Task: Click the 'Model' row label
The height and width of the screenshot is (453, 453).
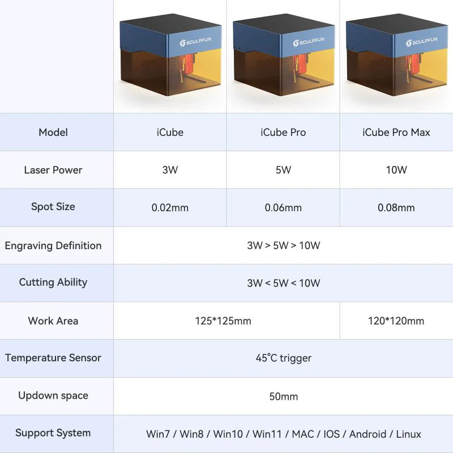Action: tap(53, 133)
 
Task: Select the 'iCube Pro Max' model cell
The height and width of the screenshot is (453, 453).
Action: tap(396, 133)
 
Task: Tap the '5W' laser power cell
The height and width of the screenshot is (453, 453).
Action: tap(283, 170)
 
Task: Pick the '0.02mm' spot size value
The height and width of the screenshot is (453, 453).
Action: tap(170, 208)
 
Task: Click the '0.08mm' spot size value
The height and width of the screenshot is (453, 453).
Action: tap(396, 208)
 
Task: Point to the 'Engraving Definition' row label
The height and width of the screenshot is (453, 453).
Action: tap(53, 246)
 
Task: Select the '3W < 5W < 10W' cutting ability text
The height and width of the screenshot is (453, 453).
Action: tap(283, 283)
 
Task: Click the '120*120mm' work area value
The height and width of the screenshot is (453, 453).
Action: tap(396, 321)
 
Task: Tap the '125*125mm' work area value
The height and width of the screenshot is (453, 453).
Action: tap(223, 321)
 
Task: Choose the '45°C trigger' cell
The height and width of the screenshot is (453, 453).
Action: tap(283, 358)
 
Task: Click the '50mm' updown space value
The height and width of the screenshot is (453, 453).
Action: tap(283, 396)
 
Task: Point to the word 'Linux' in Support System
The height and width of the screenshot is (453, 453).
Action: tap(408, 434)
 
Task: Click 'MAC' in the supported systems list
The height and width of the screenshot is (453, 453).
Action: tap(302, 434)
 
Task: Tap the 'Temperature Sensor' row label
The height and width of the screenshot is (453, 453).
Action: tap(53, 358)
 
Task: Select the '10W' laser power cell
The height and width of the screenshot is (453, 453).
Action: tap(396, 170)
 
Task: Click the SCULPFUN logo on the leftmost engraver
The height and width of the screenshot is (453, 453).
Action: tap(195, 42)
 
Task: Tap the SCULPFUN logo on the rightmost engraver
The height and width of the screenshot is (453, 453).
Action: tap(422, 42)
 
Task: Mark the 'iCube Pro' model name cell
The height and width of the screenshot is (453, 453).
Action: tap(283, 133)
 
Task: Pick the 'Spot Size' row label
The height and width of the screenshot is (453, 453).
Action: tap(53, 207)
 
